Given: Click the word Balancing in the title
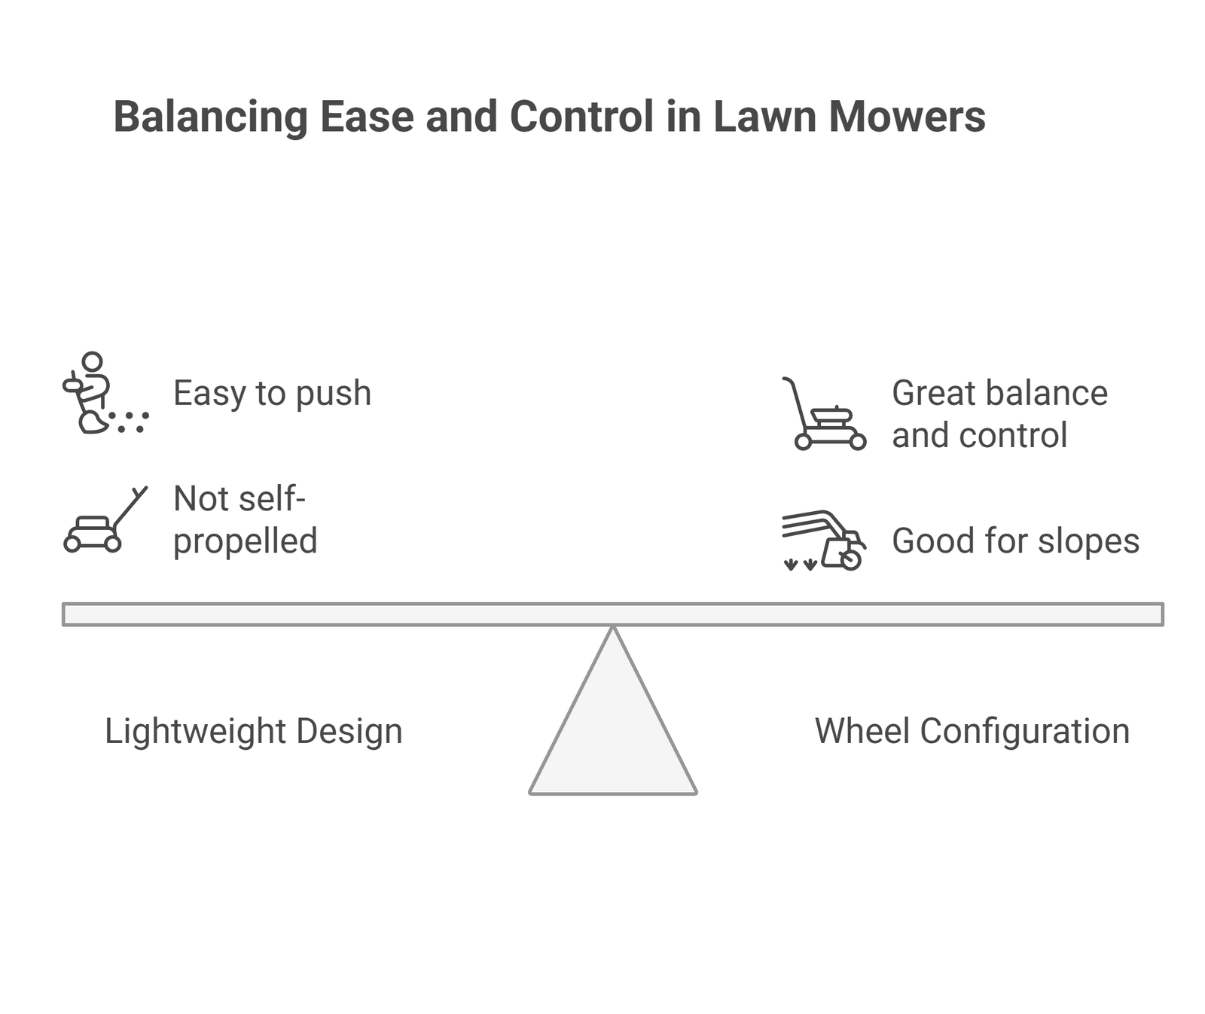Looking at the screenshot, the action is pos(211,117).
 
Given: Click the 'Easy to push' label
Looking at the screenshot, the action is pos(273,393).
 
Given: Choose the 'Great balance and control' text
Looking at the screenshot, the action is pos(999,414).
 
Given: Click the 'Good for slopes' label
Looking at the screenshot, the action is pos(1015,540).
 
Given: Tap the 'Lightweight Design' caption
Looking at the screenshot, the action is pos(253,731).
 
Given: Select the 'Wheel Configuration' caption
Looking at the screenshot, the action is pos(972,731).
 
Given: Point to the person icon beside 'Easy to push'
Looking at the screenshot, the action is pos(105,393).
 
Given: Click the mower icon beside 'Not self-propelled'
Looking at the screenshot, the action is pos(105,519).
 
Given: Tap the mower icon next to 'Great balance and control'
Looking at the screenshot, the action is pos(823,414).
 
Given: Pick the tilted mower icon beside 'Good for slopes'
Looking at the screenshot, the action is pos(823,540).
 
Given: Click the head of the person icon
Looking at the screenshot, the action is pos(92,361).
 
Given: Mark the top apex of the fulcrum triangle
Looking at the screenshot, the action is pos(613,626).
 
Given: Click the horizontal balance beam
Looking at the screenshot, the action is pos(613,614).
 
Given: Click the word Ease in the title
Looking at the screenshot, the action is pos(366,117).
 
